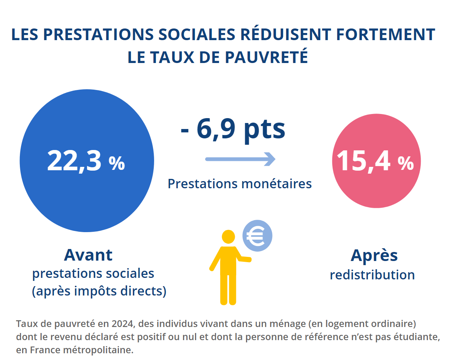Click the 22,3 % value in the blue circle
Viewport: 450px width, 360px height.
[86, 161]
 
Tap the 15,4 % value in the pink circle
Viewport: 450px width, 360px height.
[375, 161]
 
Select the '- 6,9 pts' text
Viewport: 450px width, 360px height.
[233, 130]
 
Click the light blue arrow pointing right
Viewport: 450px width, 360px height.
[240, 159]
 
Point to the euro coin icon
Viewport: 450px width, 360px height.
[257, 236]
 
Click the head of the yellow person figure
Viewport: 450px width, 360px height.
[228, 237]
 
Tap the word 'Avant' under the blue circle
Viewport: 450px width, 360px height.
[88, 255]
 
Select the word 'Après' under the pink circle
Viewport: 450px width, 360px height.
[374, 256]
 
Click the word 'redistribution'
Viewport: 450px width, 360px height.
[372, 275]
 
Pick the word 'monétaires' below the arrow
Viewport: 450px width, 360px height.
[277, 184]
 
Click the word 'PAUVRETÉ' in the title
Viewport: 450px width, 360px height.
[266, 57]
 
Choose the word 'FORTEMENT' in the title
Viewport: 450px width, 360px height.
[386, 34]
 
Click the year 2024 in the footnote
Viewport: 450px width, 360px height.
[122, 324]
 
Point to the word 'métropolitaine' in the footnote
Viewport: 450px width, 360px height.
[98, 350]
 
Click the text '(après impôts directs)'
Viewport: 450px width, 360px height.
[99, 291]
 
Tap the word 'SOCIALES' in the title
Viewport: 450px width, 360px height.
[197, 34]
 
